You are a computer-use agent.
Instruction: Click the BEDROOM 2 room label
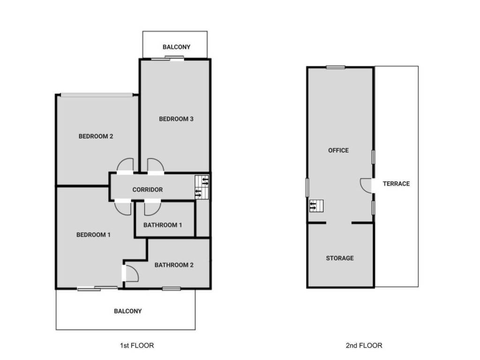(x=96, y=136)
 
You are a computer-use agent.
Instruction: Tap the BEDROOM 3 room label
(x=176, y=119)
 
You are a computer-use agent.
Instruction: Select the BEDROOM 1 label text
(x=93, y=235)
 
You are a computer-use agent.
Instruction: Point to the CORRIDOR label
(x=148, y=190)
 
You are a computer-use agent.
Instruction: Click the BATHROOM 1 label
(x=163, y=225)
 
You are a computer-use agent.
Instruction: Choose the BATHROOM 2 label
(x=174, y=265)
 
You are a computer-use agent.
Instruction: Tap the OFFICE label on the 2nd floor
(x=338, y=150)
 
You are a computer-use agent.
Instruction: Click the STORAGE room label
(x=340, y=258)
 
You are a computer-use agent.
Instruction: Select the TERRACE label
(x=396, y=184)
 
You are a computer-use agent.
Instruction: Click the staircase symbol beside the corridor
(x=202, y=187)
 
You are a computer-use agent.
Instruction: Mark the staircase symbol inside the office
(x=316, y=206)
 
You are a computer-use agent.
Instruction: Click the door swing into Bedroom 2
(x=125, y=166)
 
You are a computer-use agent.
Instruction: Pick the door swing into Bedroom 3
(x=155, y=166)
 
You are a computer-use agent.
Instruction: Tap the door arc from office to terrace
(x=366, y=185)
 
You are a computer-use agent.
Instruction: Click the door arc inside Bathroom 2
(x=131, y=273)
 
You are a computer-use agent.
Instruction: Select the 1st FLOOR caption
(x=137, y=345)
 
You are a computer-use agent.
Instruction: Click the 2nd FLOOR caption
(x=364, y=345)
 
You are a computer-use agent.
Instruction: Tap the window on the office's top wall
(x=336, y=67)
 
